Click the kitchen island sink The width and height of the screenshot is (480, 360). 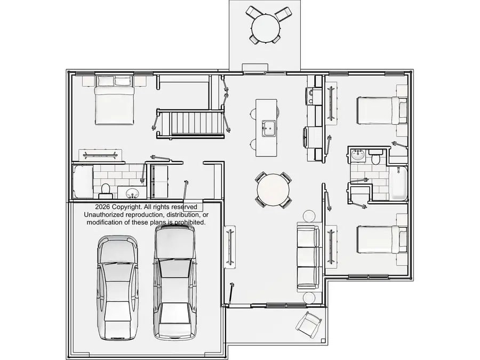tap(268, 128)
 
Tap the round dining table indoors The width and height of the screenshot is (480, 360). tap(273, 190)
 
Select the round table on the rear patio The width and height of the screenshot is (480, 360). tap(266, 28)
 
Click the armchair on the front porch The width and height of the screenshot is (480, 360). tap(309, 325)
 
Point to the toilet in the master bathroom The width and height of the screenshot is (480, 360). tap(105, 190)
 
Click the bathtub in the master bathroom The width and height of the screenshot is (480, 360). tap(83, 181)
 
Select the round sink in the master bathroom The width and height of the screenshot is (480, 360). tap(132, 193)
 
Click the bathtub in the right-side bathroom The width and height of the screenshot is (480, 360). tap(398, 183)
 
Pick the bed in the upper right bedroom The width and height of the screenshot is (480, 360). tap(382, 110)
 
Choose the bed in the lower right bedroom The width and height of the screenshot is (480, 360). tap(382, 239)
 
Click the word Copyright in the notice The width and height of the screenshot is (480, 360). tap(126, 207)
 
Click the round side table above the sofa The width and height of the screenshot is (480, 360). tap(309, 215)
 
